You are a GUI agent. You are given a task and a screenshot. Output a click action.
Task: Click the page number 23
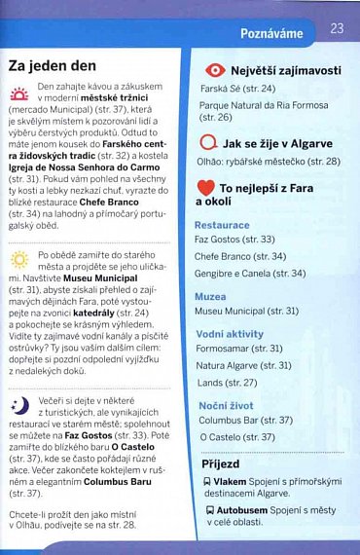[x=338, y=29]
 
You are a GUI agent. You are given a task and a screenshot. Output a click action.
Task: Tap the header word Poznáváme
[x=272, y=33]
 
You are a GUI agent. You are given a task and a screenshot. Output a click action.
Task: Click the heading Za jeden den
[x=52, y=66]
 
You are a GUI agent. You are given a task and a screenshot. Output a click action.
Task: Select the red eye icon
[x=214, y=71]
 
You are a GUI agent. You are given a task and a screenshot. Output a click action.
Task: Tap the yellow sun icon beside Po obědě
[x=19, y=259]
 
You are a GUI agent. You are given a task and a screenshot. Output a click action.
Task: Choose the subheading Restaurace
[x=222, y=225]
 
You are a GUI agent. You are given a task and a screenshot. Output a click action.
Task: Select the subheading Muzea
[x=210, y=296]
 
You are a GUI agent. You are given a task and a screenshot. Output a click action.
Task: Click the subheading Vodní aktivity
[x=230, y=333]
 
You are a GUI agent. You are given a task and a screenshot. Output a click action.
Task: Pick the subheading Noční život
[x=227, y=405]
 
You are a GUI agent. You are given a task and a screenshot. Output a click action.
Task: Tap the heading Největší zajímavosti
[x=286, y=70]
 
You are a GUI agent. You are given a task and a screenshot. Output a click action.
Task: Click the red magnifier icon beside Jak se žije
[x=208, y=142]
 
